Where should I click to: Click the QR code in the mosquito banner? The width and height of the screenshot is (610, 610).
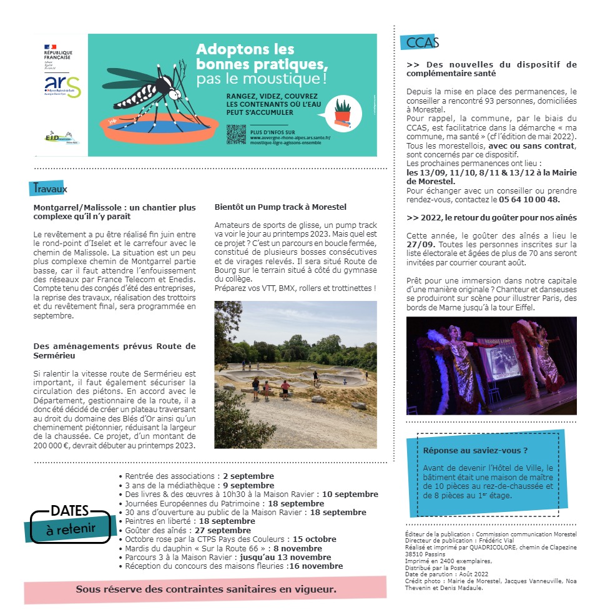click(236, 135)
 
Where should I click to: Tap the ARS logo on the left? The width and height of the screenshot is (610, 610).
click(62, 86)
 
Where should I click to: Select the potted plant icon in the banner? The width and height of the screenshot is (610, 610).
click(342, 112)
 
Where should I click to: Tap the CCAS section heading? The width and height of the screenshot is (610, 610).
click(422, 42)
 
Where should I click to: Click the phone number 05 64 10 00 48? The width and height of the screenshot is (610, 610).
click(529, 200)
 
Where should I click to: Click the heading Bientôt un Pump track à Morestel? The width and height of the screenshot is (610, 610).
click(280, 207)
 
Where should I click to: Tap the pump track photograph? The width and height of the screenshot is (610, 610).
click(295, 375)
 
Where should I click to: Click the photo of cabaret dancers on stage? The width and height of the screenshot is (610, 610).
click(491, 365)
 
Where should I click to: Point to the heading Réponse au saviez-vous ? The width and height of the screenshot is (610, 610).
click(475, 450)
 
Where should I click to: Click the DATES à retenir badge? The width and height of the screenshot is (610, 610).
click(70, 521)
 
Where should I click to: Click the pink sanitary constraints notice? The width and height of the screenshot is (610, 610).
click(206, 589)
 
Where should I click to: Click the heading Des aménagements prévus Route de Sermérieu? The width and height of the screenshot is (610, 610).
click(114, 350)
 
